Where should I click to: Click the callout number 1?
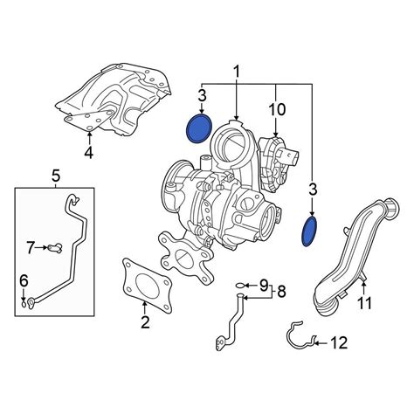point(237,72)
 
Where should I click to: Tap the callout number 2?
point(145,322)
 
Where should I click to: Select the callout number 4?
point(88,153)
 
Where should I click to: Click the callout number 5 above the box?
point(56,176)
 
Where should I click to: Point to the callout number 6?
point(24,281)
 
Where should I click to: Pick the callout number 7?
point(31,248)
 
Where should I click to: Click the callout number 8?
point(281,291)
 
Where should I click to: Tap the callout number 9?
point(264,285)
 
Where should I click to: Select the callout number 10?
point(277,110)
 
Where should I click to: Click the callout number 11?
point(364,303)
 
